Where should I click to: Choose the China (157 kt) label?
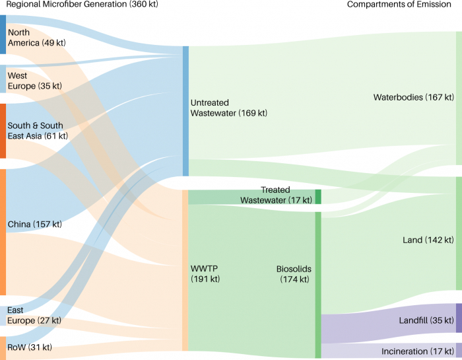(x=34, y=225)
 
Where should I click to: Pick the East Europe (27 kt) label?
(x=34, y=315)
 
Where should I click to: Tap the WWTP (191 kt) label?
(x=205, y=273)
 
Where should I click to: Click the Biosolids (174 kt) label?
(x=293, y=274)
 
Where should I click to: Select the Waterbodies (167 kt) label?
(x=413, y=97)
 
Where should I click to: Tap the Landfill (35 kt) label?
(x=426, y=320)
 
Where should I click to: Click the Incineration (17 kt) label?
(x=418, y=351)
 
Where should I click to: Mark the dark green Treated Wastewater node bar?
(x=317, y=197)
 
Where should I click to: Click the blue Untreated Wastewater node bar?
(x=185, y=111)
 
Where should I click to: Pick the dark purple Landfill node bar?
(x=459, y=318)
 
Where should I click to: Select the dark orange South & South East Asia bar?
(x=3, y=131)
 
